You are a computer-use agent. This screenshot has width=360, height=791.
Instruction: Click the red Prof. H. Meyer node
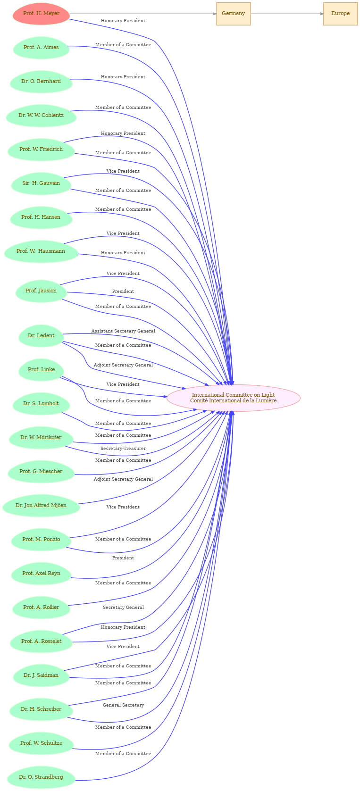point(41,14)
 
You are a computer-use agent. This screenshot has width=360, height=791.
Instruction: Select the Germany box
point(233,14)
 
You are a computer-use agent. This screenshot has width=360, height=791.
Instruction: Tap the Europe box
point(340,14)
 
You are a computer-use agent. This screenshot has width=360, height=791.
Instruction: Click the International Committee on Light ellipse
point(233,398)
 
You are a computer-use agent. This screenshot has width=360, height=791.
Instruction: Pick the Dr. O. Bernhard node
point(41,82)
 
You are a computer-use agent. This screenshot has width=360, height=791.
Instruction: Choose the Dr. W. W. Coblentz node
point(41,116)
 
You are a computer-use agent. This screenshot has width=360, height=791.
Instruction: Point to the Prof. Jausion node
point(41,291)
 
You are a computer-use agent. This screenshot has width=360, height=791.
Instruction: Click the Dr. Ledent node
point(41,336)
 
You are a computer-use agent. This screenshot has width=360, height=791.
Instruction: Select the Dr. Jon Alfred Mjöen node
point(41,506)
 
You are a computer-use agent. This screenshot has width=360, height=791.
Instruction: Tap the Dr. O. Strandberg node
point(41,777)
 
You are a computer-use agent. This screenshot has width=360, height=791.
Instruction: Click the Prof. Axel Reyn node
point(41,574)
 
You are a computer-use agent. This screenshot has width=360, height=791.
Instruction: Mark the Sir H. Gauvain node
point(41,183)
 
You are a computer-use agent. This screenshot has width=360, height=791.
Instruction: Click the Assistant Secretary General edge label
point(123,331)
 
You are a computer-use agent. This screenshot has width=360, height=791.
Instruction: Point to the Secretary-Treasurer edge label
point(123,449)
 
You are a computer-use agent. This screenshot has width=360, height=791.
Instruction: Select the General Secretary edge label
point(123,705)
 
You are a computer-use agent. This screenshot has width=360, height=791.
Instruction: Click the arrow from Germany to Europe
point(287,14)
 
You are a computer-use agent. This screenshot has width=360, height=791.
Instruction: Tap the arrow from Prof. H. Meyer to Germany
point(143,14)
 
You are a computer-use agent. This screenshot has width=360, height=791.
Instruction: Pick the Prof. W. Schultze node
point(41,743)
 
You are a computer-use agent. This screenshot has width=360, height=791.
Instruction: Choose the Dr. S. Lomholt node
point(41,404)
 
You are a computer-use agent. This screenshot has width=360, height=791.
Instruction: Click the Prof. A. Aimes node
point(41,48)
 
